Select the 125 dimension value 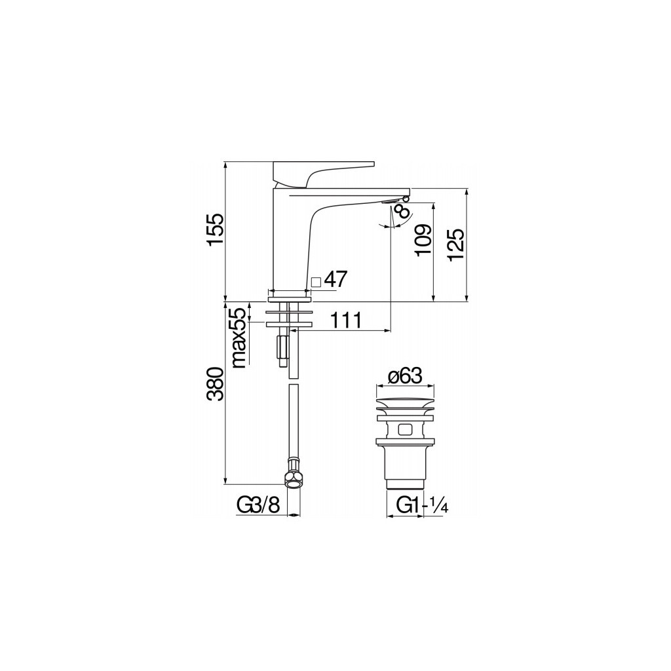click(x=457, y=244)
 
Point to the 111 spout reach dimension click(x=346, y=320)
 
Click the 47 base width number click(x=335, y=280)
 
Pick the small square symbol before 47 click(x=316, y=282)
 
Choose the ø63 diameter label click(x=404, y=377)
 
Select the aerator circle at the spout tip click(x=406, y=197)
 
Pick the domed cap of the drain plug click(x=404, y=400)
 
